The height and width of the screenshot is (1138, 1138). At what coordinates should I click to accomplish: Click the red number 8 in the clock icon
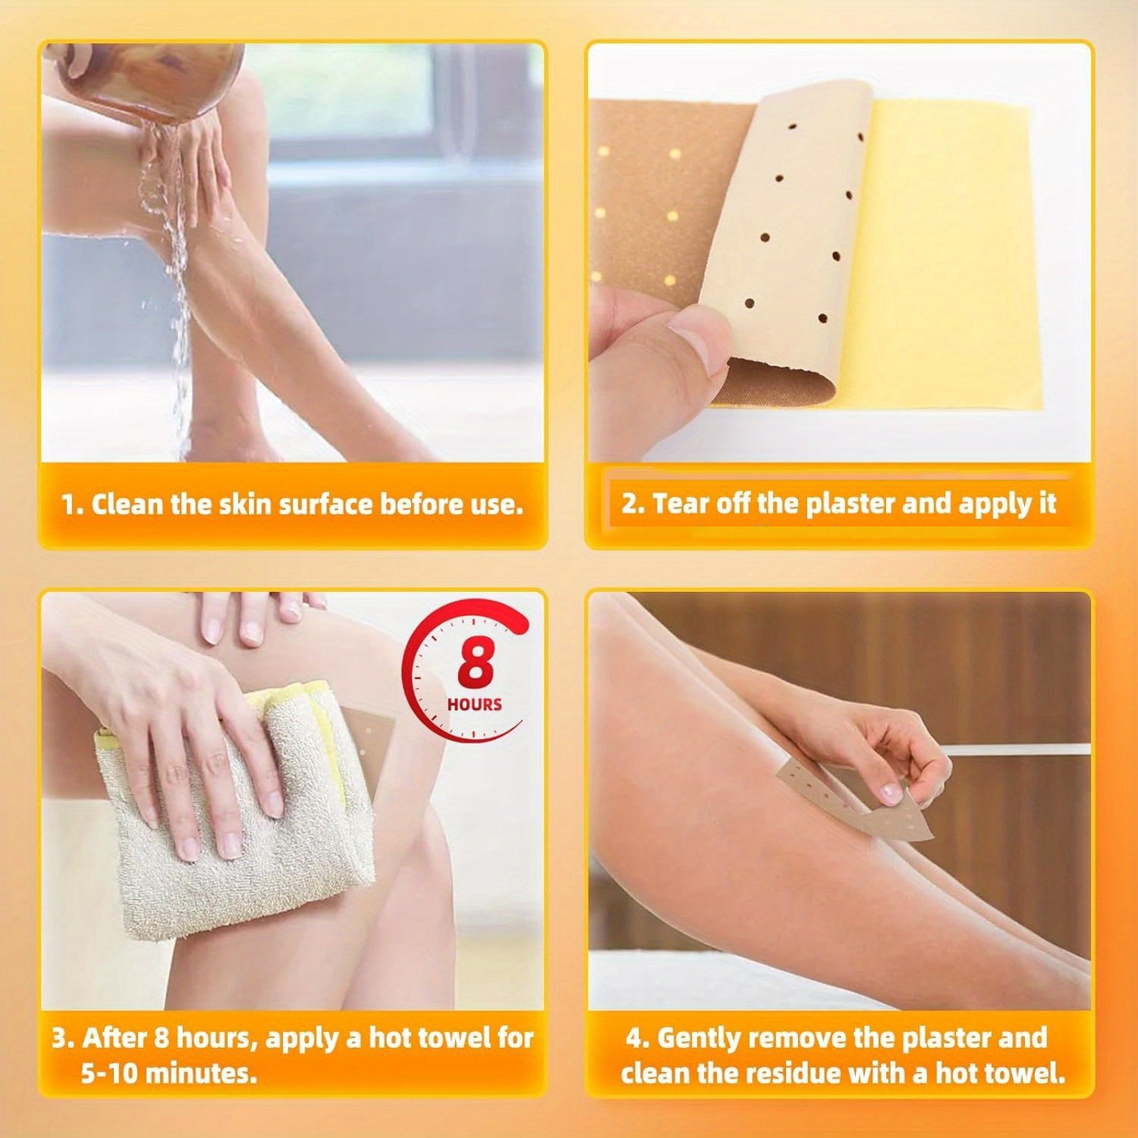pos(476,665)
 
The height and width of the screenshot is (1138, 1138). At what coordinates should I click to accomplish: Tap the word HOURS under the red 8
pos(475,705)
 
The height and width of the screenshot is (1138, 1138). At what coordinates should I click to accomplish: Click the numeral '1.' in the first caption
pos(73,505)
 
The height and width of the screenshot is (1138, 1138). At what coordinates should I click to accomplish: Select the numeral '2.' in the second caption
pos(633,503)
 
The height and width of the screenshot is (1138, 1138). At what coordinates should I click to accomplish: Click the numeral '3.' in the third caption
pos(63,1037)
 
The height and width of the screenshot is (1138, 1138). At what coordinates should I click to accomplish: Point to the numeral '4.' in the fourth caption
pos(637,1037)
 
